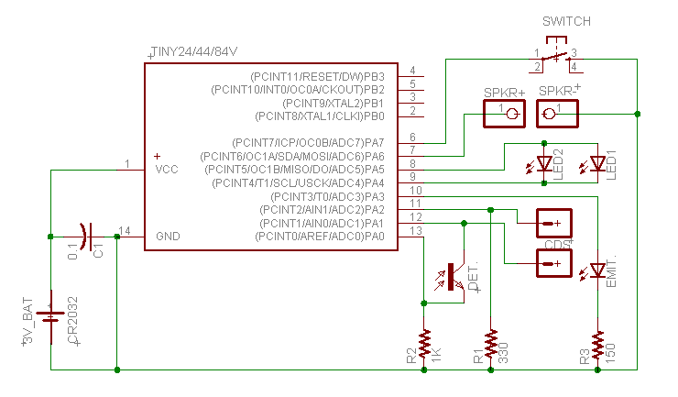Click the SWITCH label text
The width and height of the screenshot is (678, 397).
(x=566, y=21)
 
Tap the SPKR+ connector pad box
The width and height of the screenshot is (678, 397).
(x=508, y=113)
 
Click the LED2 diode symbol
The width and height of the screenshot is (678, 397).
(x=545, y=164)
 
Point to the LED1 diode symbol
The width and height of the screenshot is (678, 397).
(x=597, y=164)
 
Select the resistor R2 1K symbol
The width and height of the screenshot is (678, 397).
(x=423, y=345)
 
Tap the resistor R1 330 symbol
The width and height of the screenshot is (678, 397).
(x=491, y=345)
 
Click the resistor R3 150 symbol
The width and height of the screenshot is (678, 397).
(x=597, y=345)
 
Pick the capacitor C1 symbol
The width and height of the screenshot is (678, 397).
(x=85, y=237)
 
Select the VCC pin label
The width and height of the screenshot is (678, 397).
(x=167, y=170)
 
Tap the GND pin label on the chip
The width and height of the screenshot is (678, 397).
(x=168, y=237)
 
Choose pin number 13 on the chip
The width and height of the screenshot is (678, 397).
(x=415, y=231)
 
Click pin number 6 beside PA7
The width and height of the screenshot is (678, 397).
(x=413, y=138)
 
